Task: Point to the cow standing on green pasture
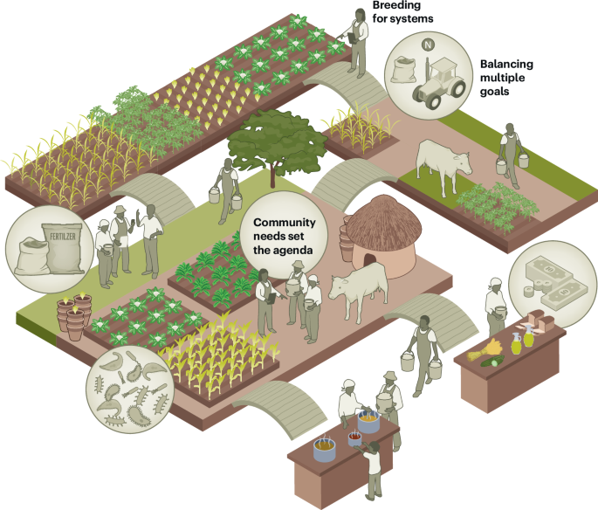tap(443, 162)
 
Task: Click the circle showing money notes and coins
tap(549, 280)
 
